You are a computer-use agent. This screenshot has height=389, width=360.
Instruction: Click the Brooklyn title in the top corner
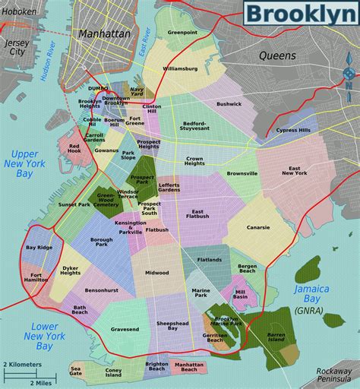[300, 15]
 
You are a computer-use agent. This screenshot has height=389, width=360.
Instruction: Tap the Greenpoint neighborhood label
[182, 33]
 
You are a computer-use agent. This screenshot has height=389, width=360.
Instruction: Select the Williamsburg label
[179, 68]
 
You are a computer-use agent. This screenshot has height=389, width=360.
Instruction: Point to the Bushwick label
[228, 103]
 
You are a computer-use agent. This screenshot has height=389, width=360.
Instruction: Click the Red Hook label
[74, 148]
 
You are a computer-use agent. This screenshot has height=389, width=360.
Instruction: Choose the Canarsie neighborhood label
[257, 226]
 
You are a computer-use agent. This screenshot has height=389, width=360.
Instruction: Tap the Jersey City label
[16, 48]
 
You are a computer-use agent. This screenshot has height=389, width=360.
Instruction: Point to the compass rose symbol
[349, 74]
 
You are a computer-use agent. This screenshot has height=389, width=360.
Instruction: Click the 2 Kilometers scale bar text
[23, 365]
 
